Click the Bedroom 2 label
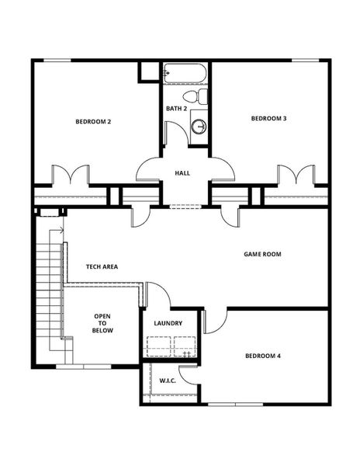[92, 121]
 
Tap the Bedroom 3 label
[268, 118]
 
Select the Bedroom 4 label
[263, 356]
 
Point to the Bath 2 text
[176, 108]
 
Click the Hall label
[182, 172]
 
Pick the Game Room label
[262, 254]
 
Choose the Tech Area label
[102, 266]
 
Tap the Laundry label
[168, 323]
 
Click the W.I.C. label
[168, 381]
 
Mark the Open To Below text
[103, 323]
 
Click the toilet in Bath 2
[200, 97]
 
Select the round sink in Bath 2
[199, 125]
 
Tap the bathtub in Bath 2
[185, 75]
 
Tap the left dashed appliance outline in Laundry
[158, 345]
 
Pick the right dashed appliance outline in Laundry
[186, 345]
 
